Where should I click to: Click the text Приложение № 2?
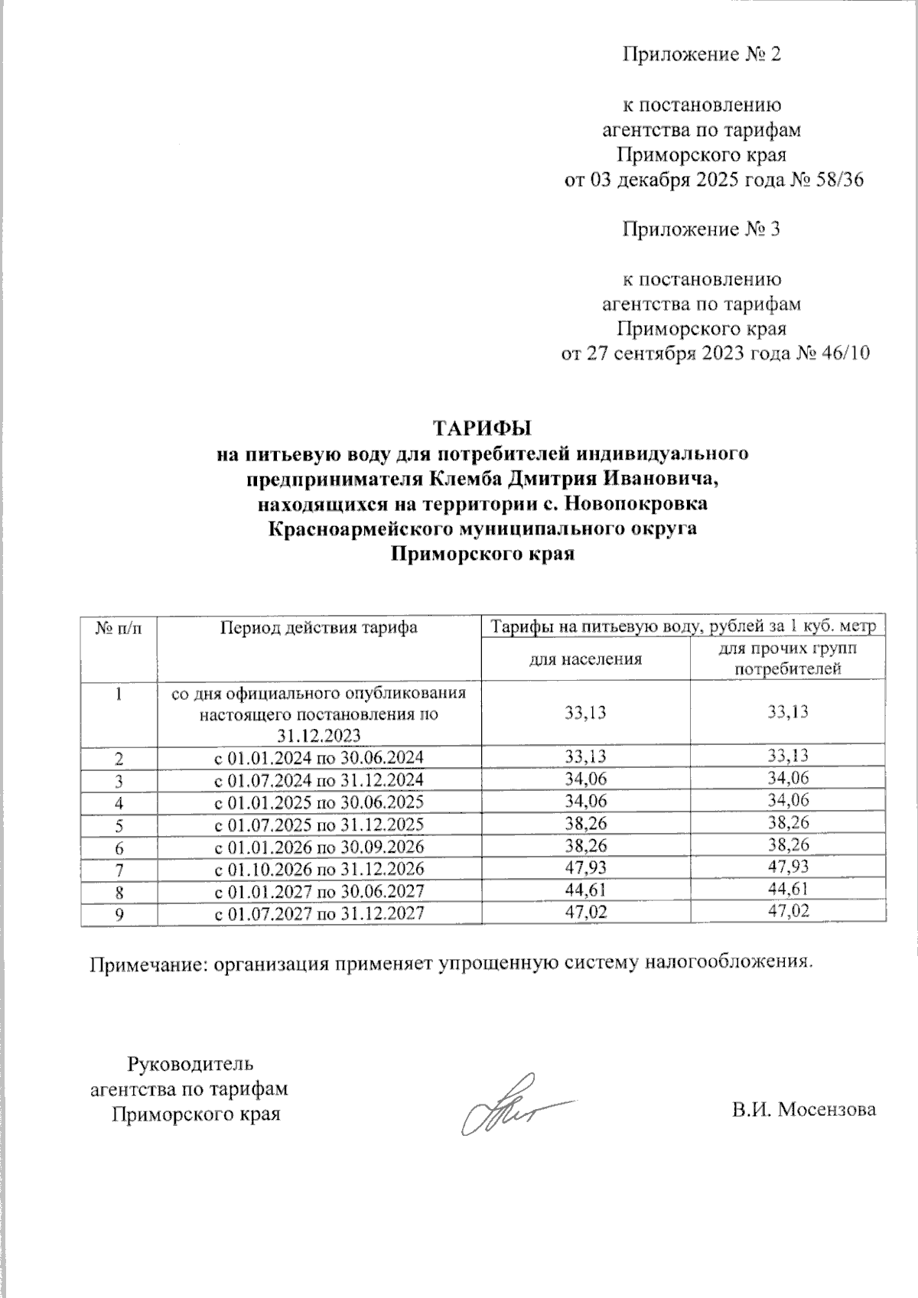[702, 55]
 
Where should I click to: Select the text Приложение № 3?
[702, 229]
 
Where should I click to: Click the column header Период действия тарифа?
[319, 628]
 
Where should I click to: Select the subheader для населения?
[586, 659]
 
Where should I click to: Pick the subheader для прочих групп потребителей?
[788, 659]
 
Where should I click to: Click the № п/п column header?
[119, 628]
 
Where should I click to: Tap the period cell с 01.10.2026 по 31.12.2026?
[319, 869]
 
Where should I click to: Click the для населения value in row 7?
[586, 867]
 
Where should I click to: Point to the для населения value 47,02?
[586, 911]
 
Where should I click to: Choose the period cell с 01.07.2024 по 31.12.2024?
[319, 780]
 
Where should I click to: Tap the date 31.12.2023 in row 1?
[319, 736]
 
